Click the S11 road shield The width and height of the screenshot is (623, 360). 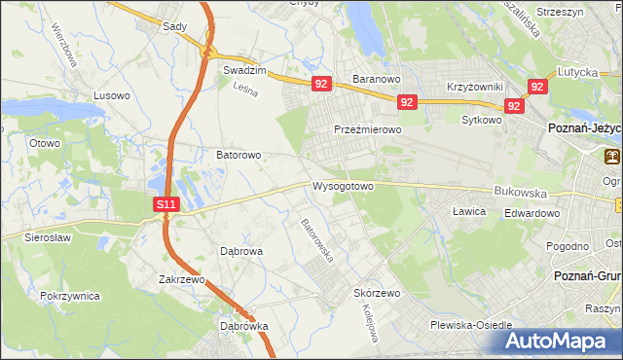pos(167,204)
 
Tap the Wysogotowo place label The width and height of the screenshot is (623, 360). pos(343,185)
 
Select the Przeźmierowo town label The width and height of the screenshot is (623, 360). pos(367,129)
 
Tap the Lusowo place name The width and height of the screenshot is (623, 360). pos(111,95)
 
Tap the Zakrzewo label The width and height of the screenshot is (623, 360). pos(182,279)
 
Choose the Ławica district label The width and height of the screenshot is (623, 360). pos(469,211)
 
